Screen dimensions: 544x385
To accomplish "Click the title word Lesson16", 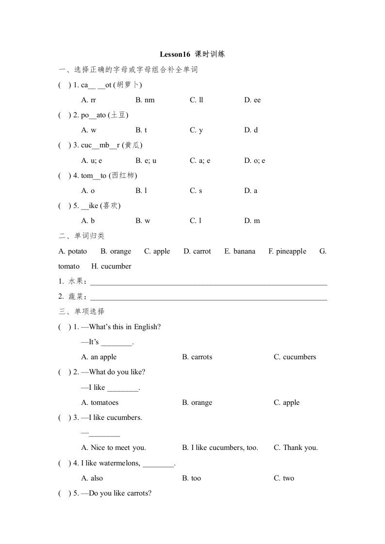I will click(x=175, y=54).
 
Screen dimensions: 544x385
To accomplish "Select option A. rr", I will click(x=89, y=100).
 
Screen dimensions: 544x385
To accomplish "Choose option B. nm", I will click(x=145, y=100).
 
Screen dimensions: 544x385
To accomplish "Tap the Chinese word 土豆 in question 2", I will click(x=119, y=115).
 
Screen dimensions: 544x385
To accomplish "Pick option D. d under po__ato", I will click(x=251, y=130).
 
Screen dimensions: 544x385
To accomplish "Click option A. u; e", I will click(x=92, y=160).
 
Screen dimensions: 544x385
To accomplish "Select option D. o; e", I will click(x=255, y=160).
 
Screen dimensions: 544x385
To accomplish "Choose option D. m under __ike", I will click(x=252, y=221).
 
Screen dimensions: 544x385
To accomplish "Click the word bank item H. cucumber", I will click(x=111, y=266).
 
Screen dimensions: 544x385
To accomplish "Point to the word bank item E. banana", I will click(x=240, y=251).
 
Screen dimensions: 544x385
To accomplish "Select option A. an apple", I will click(x=99, y=357).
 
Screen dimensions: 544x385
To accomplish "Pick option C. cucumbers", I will click(x=295, y=357).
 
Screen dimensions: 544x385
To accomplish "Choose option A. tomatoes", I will click(x=100, y=402).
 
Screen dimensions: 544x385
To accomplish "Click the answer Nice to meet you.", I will click(x=114, y=448).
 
